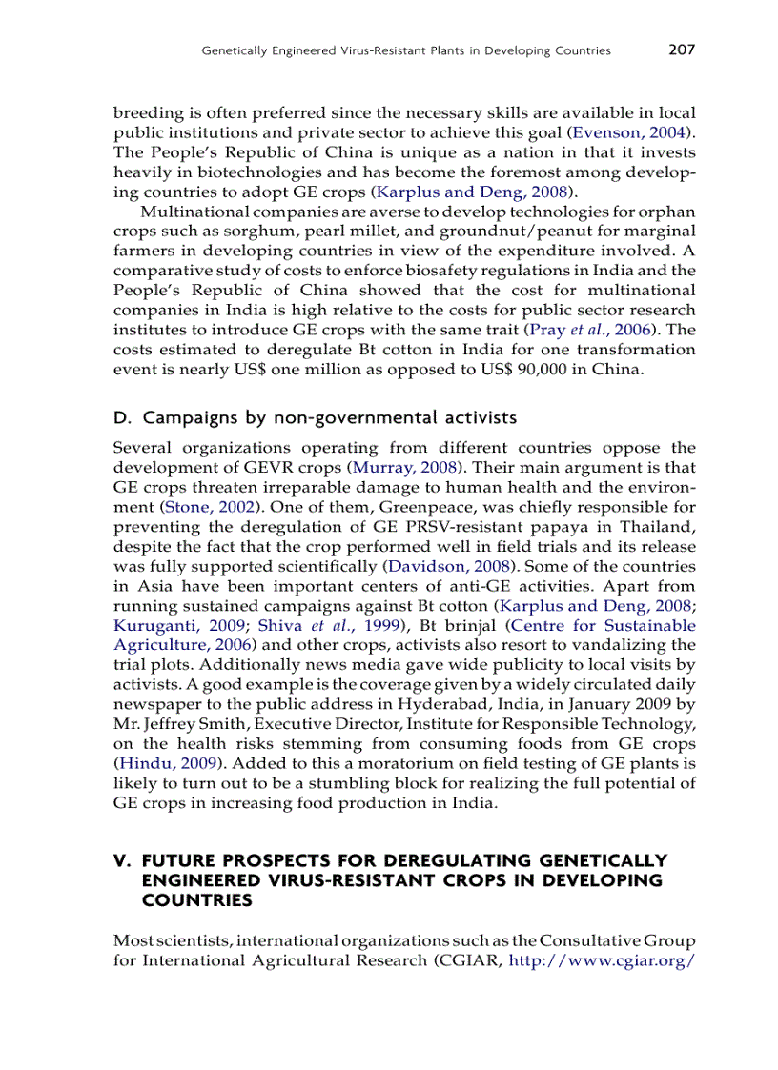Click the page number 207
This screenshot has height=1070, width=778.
pos(682,50)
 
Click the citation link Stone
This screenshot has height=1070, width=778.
pos(187,507)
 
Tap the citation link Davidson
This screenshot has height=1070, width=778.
pos(425,566)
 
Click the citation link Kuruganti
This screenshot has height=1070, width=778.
pos(152,626)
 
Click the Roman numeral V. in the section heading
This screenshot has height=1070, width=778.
pos(123,860)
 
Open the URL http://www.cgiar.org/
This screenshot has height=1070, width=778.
pos(603,960)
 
